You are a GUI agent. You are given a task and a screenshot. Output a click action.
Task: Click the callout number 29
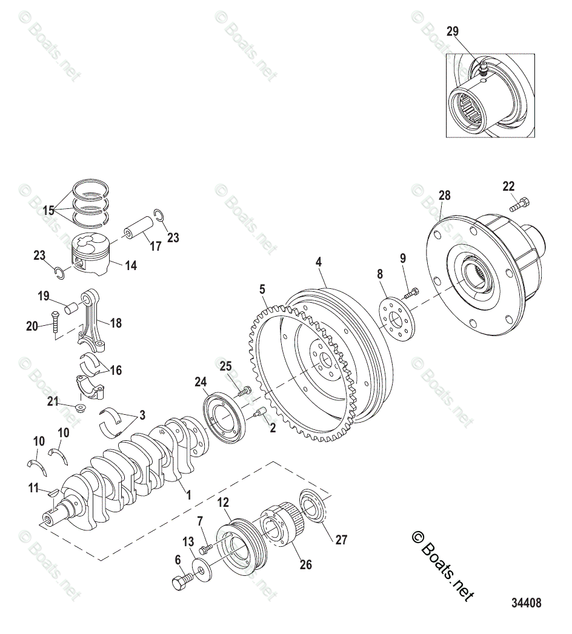coord(453,31)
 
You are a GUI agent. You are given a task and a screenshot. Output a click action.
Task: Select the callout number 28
coord(445,195)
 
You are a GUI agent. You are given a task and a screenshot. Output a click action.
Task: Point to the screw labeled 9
coord(410,294)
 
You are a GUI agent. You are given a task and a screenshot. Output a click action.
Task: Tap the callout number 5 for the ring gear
coord(262,289)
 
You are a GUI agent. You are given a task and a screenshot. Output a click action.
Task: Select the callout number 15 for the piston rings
coord(48,211)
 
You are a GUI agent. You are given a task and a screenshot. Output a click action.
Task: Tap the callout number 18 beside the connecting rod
coord(115,323)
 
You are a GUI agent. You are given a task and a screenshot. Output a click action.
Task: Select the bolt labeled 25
coord(243,391)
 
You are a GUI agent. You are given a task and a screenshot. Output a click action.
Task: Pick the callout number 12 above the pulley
coord(223,502)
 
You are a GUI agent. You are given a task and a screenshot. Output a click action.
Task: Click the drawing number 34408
coord(525,603)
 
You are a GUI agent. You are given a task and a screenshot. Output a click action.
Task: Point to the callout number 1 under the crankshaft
coord(188,495)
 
